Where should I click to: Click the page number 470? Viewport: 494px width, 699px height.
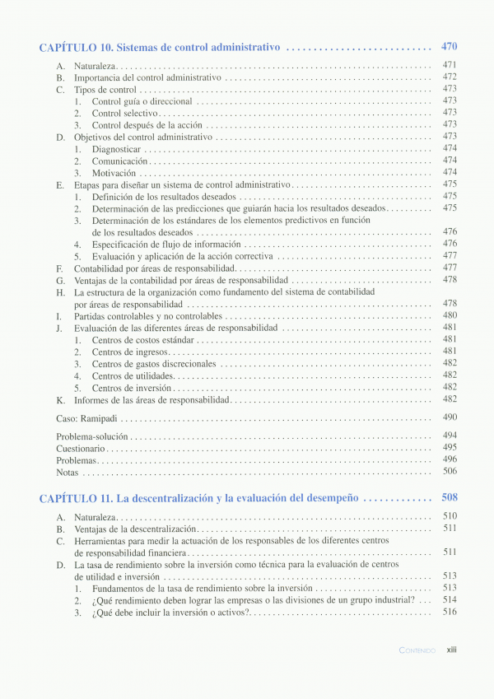449,47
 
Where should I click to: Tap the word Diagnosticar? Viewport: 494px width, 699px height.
116,149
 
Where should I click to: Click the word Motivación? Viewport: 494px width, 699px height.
114,173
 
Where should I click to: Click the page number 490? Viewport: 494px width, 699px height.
450,417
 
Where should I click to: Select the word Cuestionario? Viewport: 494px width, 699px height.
80,449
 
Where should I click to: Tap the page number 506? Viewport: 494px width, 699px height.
450,472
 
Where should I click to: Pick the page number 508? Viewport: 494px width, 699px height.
449,497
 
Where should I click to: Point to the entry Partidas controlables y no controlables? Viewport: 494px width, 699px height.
148,315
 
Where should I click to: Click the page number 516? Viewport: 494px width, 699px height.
450,612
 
